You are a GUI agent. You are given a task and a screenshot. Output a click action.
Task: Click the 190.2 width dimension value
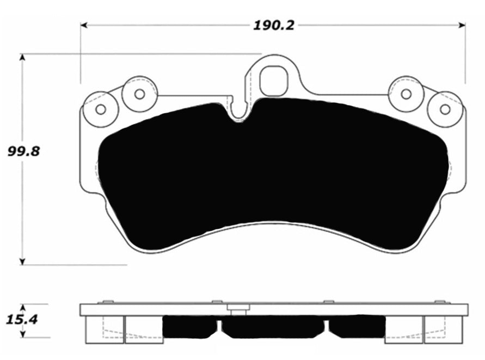[273, 26]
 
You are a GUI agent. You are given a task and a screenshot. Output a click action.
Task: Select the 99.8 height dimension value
[23, 151]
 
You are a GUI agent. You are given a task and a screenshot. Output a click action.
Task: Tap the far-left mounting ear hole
[100, 109]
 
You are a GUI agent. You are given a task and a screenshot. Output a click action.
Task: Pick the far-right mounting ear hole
[445, 109]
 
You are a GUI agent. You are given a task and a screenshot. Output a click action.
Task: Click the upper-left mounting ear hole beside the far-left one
[139, 94]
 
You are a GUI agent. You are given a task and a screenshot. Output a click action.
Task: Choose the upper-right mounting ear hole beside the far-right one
[406, 94]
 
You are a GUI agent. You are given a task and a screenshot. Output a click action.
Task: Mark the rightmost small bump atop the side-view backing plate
[440, 301]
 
